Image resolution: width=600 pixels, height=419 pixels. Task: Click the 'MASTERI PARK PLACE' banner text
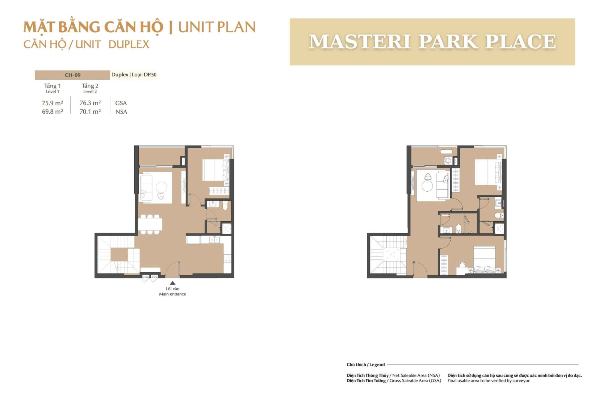coord(432,42)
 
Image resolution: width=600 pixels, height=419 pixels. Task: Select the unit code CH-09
coord(73,75)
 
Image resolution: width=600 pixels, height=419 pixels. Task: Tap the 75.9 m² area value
coord(52,103)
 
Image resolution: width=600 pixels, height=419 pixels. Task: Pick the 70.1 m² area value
coord(90,111)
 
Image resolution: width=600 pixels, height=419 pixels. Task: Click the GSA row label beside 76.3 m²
coord(121,103)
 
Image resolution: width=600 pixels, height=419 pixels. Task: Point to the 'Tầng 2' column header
coord(90,86)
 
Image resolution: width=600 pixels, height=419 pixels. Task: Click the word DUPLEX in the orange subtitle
coord(129,45)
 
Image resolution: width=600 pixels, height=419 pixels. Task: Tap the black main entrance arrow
coord(173,282)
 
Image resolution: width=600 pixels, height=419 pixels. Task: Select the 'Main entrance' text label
coord(172,294)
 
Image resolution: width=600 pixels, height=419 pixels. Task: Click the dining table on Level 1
coord(150,224)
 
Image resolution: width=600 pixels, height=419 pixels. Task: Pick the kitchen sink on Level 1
coord(214,240)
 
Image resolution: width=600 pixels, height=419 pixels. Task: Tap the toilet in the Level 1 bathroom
coord(225,206)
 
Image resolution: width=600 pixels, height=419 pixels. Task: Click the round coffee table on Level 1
coord(162,187)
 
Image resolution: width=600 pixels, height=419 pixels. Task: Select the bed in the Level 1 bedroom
coord(216,170)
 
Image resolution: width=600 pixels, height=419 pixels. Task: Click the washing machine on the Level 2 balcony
coord(448,161)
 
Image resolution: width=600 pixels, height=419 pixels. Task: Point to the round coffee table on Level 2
coord(427,186)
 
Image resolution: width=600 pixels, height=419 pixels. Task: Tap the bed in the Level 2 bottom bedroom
coord(484,260)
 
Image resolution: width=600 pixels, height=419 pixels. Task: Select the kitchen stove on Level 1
coord(227,258)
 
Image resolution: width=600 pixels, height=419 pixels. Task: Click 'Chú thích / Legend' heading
coord(366,365)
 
